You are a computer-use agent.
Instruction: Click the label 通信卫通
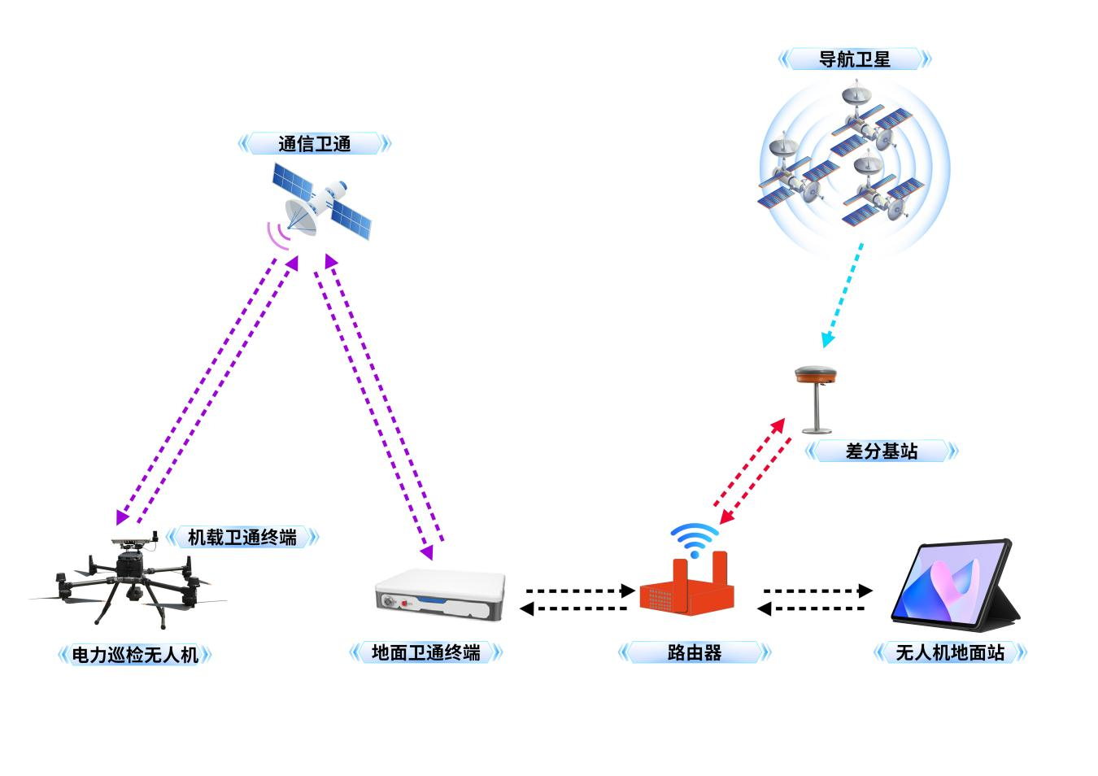coord(314,144)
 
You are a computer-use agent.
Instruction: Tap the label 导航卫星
coord(854,59)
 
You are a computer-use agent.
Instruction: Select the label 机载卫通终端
coord(242,538)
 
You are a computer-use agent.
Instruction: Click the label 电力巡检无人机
coord(135,655)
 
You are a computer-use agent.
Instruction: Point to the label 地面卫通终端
coord(425,652)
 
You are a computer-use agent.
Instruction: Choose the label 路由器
coord(694,652)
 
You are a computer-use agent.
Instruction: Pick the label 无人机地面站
coord(950,652)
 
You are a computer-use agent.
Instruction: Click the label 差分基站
coord(882,451)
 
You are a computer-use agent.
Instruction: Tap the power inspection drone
coord(128,578)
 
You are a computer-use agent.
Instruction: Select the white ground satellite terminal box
coord(440,594)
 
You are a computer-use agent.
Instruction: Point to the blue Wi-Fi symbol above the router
coord(695,540)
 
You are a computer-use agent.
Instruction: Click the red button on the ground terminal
coord(405,603)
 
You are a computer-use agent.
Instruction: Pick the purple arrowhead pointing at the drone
coord(121,517)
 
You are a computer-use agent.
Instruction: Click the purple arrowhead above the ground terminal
coord(428,552)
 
